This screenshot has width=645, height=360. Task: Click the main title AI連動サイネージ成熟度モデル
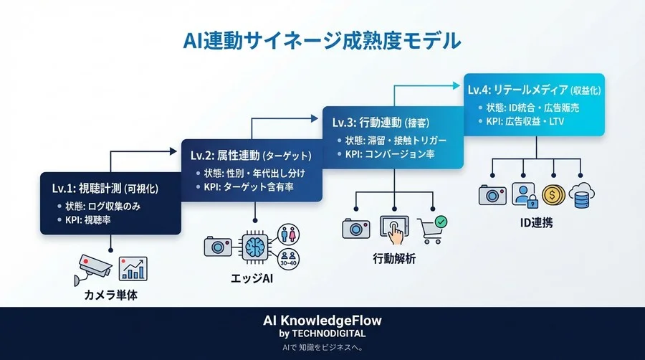coord(322,39)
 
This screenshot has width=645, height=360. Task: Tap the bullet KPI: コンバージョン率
coord(388,153)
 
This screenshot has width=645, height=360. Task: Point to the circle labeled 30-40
coord(290,259)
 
